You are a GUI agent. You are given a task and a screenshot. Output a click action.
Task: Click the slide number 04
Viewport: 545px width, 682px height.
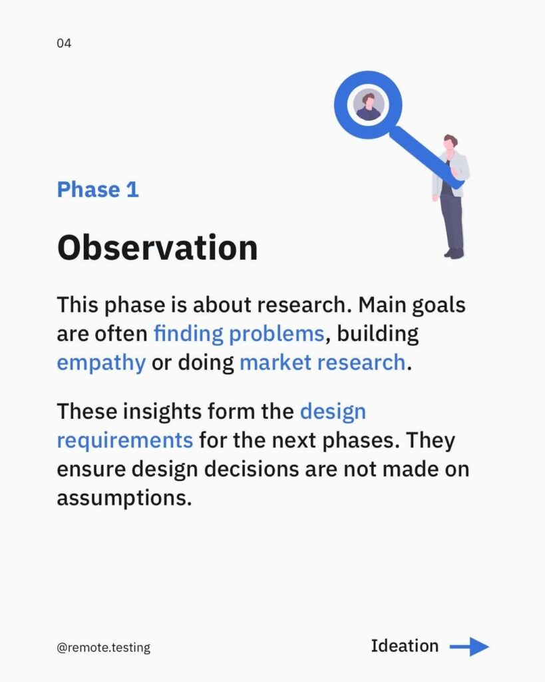[x=64, y=43]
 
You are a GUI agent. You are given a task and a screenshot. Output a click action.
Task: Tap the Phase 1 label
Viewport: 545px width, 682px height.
[x=98, y=190]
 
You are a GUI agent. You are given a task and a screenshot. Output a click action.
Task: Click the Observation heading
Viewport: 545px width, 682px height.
[x=157, y=248]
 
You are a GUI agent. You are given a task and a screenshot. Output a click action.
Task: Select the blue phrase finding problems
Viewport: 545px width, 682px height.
[x=239, y=334]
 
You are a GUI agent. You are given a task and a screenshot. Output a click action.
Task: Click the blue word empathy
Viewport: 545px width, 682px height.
[x=101, y=363]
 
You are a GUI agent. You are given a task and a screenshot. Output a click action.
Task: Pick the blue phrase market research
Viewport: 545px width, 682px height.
[x=323, y=363]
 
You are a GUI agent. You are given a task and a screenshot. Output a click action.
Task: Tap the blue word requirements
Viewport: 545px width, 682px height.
[x=124, y=441]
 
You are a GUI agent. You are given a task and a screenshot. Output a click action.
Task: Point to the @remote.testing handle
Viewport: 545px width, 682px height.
[x=103, y=647]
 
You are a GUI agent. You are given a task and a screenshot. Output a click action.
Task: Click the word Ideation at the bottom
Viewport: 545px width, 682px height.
[x=405, y=646]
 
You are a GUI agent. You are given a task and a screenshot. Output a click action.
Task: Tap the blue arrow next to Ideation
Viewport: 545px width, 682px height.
[x=469, y=647]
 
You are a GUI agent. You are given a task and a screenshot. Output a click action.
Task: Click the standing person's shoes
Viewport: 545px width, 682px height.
[x=454, y=253]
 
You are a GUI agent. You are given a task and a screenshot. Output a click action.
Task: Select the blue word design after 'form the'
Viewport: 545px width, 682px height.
[x=333, y=412]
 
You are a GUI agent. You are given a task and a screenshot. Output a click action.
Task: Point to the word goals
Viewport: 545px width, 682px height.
[x=439, y=305]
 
